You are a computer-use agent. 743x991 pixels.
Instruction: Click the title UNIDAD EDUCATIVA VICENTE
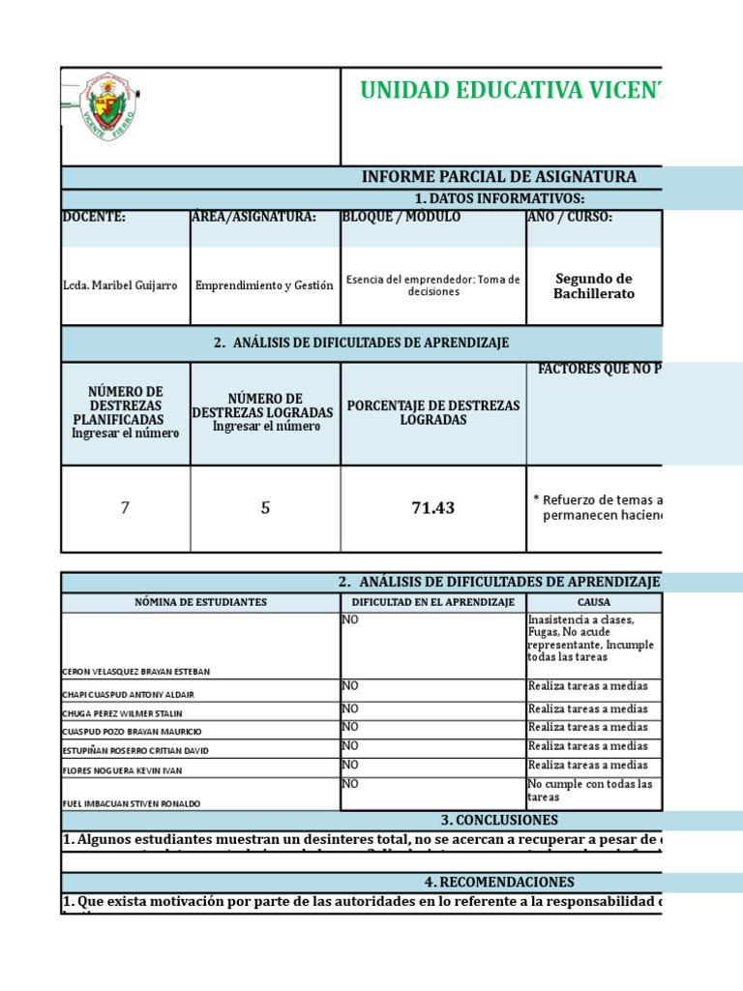click(512, 91)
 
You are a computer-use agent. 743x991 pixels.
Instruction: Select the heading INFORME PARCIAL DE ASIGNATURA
click(498, 176)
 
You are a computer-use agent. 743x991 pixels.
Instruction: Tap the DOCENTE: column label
click(94, 217)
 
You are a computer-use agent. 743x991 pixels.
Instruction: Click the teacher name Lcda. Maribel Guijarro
click(120, 286)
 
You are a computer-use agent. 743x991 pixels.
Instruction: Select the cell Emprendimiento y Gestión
click(264, 285)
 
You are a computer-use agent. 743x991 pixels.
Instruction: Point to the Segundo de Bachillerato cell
click(594, 285)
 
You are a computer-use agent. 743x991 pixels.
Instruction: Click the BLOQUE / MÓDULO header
click(401, 217)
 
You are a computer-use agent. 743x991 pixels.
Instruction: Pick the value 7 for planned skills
click(125, 508)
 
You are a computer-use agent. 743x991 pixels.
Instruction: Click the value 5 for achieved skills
click(265, 508)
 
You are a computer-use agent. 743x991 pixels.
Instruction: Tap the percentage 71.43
click(432, 508)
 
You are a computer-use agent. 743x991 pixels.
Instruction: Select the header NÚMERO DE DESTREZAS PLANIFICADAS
click(126, 405)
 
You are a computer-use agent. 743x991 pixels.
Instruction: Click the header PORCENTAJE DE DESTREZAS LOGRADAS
click(432, 412)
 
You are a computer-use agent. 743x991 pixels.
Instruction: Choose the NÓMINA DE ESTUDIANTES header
click(200, 602)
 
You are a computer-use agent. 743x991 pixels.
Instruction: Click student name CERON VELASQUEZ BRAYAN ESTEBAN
click(134, 671)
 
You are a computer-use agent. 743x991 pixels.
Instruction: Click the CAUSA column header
click(594, 602)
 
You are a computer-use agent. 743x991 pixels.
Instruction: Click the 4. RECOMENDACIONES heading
click(498, 882)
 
